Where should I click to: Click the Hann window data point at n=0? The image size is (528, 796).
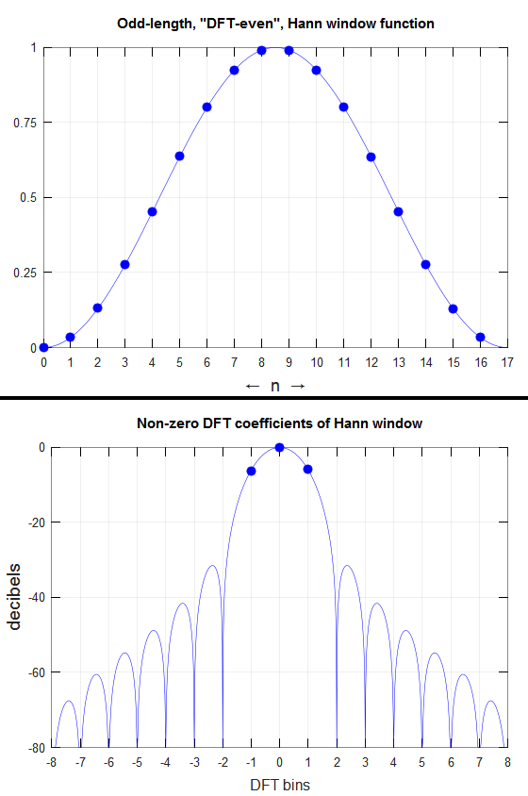[43, 348]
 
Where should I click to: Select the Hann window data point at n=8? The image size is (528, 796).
[261, 50]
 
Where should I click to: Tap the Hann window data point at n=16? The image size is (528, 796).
[480, 337]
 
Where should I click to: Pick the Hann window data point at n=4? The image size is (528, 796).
[153, 211]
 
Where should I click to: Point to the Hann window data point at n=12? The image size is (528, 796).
[371, 157]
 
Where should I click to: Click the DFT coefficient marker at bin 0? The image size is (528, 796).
[279, 447]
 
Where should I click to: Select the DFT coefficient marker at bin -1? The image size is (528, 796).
[251, 472]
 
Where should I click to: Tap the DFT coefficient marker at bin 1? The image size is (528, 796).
[307, 469]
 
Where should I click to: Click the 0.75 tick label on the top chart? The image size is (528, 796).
[25, 123]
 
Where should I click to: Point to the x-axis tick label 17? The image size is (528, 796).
[507, 362]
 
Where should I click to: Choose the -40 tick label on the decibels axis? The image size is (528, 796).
[35, 598]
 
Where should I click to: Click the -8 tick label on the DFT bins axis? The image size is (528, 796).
[51, 762]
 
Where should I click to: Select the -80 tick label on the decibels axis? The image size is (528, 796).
[35, 748]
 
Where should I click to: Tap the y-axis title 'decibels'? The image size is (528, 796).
[14, 596]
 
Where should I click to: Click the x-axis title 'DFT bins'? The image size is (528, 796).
[280, 785]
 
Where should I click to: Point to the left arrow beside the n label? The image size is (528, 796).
[253, 387]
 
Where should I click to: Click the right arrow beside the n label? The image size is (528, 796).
[298, 387]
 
